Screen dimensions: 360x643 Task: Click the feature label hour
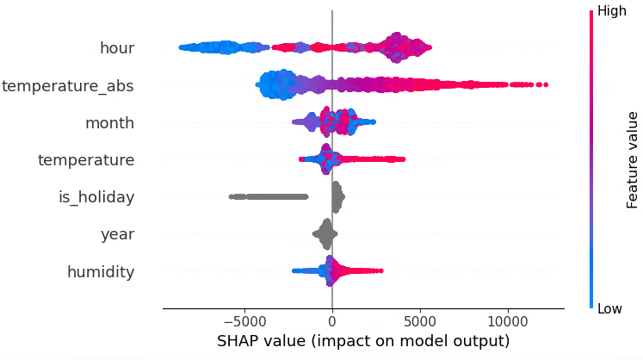(x=117, y=48)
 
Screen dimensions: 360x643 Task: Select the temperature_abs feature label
(x=68, y=85)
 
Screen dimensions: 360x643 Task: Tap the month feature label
(x=109, y=122)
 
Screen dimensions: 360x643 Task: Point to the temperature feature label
(x=86, y=160)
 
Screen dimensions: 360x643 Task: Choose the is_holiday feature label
(x=96, y=197)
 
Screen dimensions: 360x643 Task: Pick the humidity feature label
(x=101, y=272)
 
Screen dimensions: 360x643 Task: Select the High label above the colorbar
(x=612, y=11)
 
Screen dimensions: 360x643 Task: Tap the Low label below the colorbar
(x=610, y=309)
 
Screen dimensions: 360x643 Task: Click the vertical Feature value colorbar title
(x=633, y=159)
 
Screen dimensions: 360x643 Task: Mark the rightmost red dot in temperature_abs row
(x=546, y=84)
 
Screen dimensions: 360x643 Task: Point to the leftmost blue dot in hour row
(x=180, y=47)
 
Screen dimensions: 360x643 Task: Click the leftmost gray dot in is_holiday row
(x=231, y=196)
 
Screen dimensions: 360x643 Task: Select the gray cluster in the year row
(x=326, y=233)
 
